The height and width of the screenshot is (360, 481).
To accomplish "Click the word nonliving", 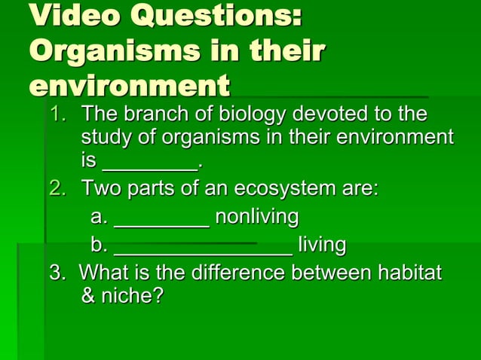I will [256, 218].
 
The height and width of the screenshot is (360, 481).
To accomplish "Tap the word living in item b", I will [322, 246].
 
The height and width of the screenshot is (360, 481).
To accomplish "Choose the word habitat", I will [408, 272].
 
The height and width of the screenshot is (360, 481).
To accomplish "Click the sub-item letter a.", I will [98, 218].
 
